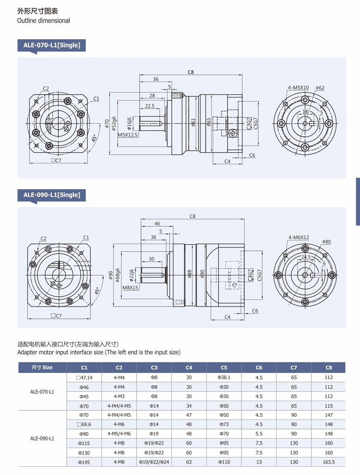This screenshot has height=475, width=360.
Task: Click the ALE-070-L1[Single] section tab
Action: [52, 45]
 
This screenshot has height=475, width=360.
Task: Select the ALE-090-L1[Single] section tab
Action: [52, 195]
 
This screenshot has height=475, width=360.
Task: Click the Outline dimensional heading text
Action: [43, 20]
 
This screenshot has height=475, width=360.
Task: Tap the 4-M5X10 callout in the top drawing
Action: [298, 88]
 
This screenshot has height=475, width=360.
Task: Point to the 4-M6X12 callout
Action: [299, 237]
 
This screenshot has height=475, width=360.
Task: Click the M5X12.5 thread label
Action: [128, 135]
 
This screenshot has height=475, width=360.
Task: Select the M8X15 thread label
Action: [131, 287]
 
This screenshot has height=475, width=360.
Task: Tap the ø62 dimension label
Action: [320, 88]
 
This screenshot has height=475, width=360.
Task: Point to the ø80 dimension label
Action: [326, 242]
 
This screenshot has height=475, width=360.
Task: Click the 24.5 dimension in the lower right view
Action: [306, 257]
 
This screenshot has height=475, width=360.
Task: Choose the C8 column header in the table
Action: [329, 368]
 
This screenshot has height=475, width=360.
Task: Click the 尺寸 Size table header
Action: [42, 368]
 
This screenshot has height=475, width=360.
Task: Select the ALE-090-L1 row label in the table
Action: [42, 438]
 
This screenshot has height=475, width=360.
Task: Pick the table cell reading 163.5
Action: [329, 462]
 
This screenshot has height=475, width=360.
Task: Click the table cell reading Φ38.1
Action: [224, 377]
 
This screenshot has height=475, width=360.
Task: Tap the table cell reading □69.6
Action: [84, 424]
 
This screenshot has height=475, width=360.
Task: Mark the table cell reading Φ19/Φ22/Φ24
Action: [154, 462]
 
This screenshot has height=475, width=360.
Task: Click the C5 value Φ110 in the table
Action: [224, 462]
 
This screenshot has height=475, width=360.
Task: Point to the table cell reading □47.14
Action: [84, 377]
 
